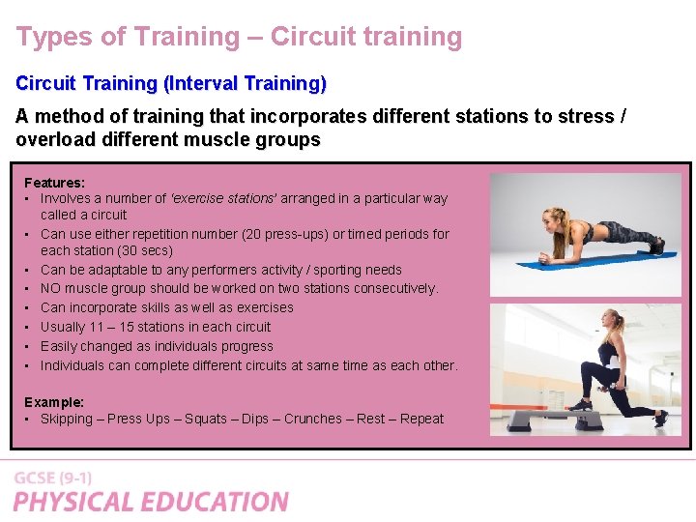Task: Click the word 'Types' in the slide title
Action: click(x=49, y=38)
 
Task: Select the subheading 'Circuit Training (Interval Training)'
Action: click(x=171, y=84)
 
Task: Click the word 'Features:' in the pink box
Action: click(x=54, y=182)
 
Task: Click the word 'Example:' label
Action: click(x=54, y=401)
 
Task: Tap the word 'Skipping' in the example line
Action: click(x=67, y=419)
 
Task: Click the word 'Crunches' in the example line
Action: click(x=312, y=419)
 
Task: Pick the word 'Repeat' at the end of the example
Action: click(x=421, y=419)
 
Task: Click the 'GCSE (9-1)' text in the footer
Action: click(x=53, y=478)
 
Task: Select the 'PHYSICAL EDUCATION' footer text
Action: click(x=151, y=502)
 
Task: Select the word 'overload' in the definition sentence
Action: click(x=54, y=139)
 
